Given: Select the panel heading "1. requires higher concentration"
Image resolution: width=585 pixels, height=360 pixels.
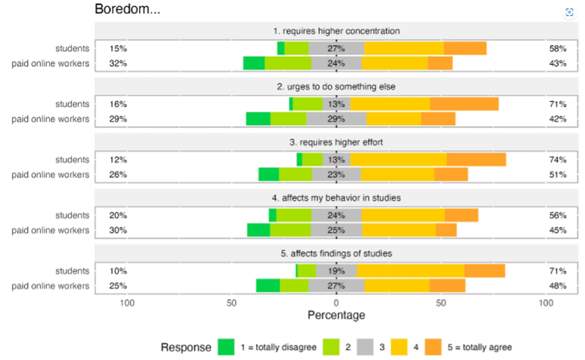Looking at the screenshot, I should (336, 31).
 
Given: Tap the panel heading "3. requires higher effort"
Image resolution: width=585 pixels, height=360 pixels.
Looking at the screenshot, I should (336, 142).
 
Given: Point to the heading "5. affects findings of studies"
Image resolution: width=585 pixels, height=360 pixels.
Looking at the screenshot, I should (336, 253).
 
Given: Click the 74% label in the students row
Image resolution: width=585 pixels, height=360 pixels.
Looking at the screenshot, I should (557, 160).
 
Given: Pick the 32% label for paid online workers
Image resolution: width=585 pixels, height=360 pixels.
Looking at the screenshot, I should (118, 63).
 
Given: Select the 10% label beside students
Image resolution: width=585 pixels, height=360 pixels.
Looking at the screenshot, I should (118, 271).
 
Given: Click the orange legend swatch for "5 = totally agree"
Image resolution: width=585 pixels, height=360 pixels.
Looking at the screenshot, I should (432, 347).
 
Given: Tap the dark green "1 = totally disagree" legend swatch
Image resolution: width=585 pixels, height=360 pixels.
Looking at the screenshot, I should (226, 347).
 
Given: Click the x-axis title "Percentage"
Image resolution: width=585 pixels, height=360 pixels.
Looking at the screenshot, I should (336, 315).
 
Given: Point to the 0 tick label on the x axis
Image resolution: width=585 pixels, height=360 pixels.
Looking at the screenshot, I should (336, 303).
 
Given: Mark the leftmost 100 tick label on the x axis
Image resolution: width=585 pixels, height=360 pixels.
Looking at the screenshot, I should (127, 303).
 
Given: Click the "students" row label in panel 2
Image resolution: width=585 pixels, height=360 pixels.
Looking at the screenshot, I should (72, 104).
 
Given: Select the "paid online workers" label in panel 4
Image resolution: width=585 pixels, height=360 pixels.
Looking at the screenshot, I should (50, 230).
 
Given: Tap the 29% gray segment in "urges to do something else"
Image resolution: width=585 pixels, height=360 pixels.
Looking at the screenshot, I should (336, 119).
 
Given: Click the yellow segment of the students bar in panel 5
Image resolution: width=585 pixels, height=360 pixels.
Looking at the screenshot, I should (410, 271).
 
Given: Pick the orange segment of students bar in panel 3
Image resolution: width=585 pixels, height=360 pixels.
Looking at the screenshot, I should (476, 160).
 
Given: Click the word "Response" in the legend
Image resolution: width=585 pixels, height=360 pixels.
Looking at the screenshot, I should (186, 347).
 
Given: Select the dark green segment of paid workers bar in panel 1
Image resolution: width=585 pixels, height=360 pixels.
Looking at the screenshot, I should (254, 63).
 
